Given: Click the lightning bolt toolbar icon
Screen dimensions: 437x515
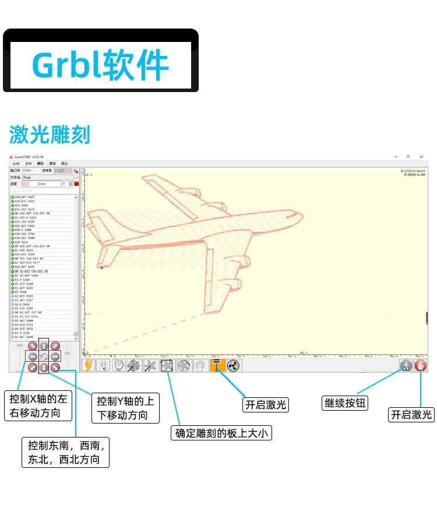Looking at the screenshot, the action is pyautogui.click(x=89, y=365).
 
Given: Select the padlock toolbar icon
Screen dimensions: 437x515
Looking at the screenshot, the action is pyautogui.click(x=103, y=365).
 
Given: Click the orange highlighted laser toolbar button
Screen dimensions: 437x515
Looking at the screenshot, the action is pyautogui.click(x=217, y=365).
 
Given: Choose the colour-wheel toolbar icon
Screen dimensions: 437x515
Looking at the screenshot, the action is pyautogui.click(x=232, y=365).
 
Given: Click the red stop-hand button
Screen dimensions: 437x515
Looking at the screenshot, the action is pyautogui.click(x=421, y=365).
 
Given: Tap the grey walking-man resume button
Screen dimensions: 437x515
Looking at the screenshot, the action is pyautogui.click(x=406, y=365).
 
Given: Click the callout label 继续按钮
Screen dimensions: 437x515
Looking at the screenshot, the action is pyautogui.click(x=345, y=403).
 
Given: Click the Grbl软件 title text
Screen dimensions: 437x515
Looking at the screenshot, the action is pyautogui.click(x=100, y=64).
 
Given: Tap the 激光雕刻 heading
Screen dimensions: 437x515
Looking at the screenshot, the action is pyautogui.click(x=50, y=135).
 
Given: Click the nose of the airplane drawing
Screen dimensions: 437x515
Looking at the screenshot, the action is pyautogui.click(x=302, y=215).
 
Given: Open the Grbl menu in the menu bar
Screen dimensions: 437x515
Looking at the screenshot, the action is pyautogui.click(x=16, y=164).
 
